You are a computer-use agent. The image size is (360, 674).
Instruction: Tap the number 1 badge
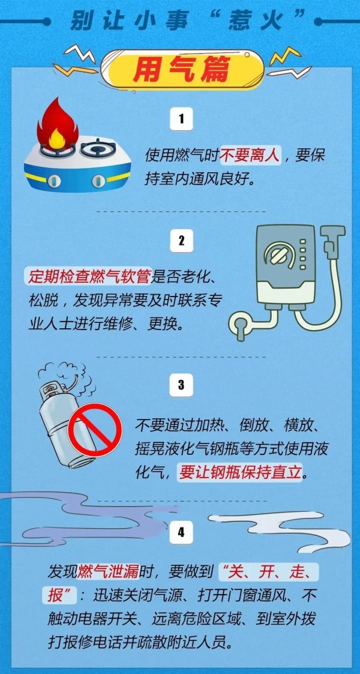[181, 119]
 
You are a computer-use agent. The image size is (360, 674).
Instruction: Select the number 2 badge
[181, 241]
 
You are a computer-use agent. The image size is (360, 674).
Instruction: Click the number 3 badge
[181, 385]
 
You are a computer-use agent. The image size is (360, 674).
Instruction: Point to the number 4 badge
[181, 532]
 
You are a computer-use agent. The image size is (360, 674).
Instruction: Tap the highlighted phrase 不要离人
[250, 155]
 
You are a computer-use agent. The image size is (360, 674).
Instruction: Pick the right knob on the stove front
[98, 181]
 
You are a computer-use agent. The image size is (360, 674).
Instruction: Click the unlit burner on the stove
[98, 148]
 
